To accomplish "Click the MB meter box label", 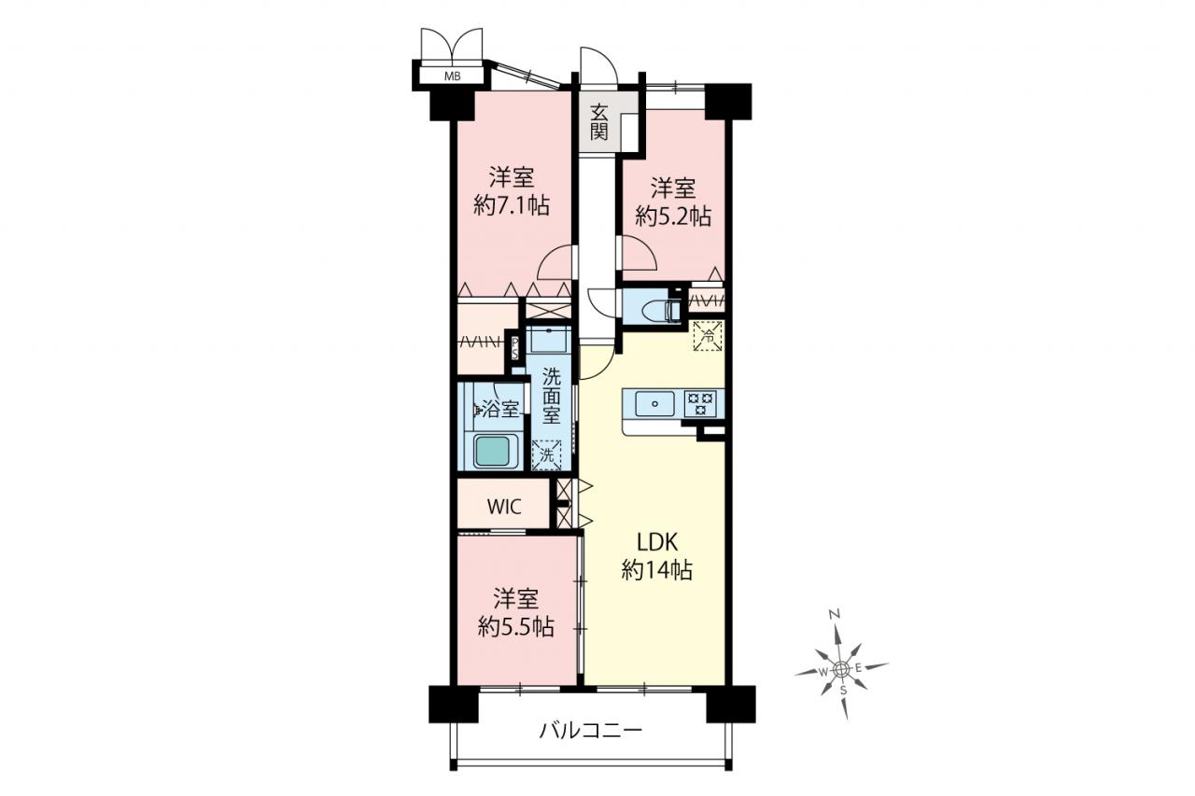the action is (453, 77).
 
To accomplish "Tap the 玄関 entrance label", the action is (599, 122).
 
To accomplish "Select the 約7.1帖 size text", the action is (513, 205).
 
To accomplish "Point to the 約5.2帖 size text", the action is (673, 216).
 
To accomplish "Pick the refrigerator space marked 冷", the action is (709, 336).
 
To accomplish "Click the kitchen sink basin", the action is (654, 403).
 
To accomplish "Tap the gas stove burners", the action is (700, 403).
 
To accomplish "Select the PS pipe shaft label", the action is (514, 347).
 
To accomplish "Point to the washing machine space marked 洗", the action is (547, 454).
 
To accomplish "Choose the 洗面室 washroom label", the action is (552, 396).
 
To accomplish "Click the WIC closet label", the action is (504, 507).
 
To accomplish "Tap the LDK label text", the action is (657, 542).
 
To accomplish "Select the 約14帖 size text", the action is (657, 570).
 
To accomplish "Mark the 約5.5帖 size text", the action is (516, 627).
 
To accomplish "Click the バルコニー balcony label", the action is (591, 730).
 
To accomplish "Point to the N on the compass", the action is (835, 615).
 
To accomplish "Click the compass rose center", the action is (840, 668).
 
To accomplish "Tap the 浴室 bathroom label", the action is (499, 409).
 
